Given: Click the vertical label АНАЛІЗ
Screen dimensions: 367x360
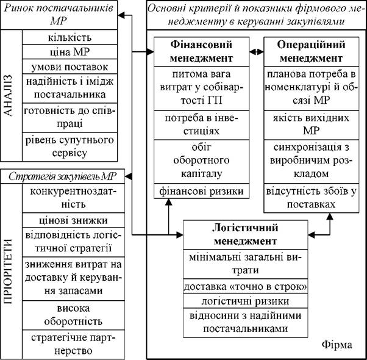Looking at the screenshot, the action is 9,95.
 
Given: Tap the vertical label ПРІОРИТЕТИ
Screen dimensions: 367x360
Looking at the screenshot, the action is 9,272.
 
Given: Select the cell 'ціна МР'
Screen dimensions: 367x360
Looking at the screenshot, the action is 69,52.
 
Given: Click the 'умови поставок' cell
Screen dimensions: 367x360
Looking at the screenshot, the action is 69,67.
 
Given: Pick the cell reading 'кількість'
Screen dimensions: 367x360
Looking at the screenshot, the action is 69,37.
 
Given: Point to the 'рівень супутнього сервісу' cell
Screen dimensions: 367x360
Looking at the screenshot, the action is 69,147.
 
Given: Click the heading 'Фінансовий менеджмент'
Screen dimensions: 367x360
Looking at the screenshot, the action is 202,51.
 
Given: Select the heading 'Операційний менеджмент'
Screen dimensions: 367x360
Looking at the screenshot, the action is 312,51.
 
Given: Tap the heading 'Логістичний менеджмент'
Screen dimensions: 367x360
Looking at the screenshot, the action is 245,235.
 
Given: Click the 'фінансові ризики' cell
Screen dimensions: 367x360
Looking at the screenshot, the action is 202,191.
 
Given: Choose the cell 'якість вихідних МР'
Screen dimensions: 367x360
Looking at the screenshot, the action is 312,125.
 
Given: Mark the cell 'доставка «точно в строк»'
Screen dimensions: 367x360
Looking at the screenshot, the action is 245,286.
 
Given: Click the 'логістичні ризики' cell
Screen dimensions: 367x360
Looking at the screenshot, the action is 245,301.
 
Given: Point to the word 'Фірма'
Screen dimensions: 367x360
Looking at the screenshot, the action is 337,345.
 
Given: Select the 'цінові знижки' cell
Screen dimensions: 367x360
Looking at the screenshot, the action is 74,220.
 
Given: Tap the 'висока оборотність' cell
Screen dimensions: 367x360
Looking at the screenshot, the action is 74,315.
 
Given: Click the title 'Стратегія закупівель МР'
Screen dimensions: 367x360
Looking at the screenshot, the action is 63,176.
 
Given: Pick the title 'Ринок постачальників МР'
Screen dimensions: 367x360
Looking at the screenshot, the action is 59,15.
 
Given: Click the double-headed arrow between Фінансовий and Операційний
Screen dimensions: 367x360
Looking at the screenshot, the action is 257,52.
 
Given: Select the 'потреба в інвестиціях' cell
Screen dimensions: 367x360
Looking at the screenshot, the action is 202,125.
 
